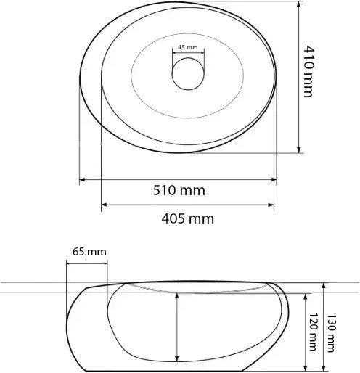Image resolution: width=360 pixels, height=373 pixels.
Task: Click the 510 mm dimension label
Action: pos(179,191)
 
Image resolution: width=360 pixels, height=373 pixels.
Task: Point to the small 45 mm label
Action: pos(187,48)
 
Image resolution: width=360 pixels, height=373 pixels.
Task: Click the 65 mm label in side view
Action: pos(89,251)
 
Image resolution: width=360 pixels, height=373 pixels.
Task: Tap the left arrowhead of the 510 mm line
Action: pos(82,179)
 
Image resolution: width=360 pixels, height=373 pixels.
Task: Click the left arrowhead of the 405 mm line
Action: pos(103,204)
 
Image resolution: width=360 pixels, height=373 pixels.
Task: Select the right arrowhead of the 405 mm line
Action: pos(272,204)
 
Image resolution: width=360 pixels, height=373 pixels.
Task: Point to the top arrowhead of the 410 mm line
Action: pos(300,5)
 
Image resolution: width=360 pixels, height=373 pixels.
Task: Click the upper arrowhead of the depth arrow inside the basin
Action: pos(176,296)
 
